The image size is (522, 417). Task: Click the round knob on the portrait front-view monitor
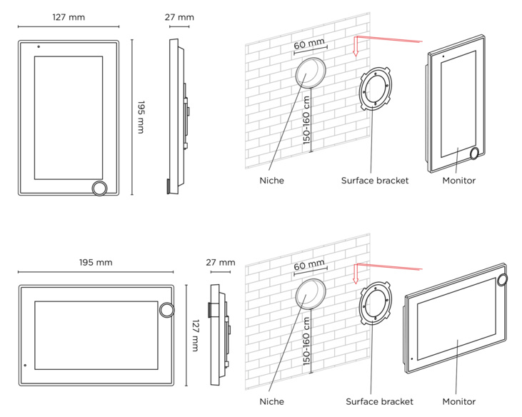pos(100,187)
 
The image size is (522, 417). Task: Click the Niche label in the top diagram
pos(271,181)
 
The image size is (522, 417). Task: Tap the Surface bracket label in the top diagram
pos(375,181)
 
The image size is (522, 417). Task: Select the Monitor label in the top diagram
pos(458,181)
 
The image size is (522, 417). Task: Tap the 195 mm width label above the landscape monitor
pos(96,263)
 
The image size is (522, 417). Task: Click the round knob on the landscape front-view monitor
pos(167,309)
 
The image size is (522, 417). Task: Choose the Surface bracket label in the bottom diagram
pos(379,402)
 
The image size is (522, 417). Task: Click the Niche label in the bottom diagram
pos(271,402)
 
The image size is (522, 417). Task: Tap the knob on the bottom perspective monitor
pos(503,279)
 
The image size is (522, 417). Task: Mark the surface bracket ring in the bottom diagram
pos(374,304)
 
